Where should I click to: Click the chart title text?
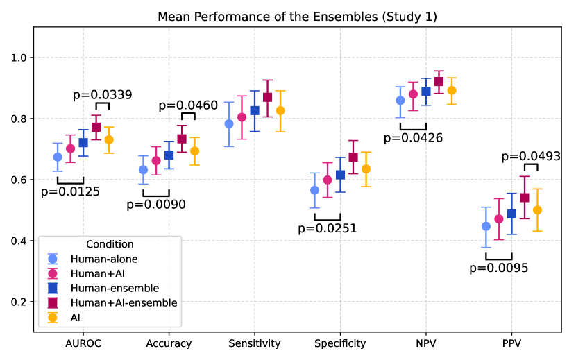[296, 16]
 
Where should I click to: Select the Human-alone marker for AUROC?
[58, 157]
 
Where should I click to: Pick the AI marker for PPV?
[537, 210]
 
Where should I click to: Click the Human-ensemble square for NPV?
[426, 92]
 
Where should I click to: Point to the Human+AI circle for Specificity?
[328, 180]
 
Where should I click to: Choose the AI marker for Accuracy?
[195, 151]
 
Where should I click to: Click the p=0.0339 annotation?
[103, 95]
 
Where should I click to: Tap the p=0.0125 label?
[70, 191]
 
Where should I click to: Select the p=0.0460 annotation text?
[188, 106]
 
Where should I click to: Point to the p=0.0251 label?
[327, 228]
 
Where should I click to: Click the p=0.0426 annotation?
[413, 137]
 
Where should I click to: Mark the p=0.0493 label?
[530, 157]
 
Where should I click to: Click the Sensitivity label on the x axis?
[255, 343]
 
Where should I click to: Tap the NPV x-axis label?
[426, 343]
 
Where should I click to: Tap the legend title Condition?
[110, 244]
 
